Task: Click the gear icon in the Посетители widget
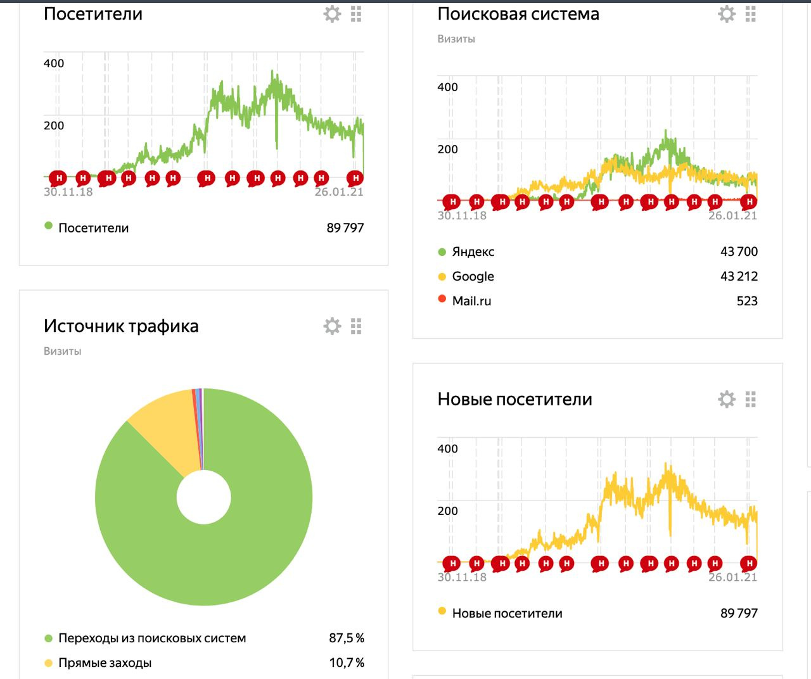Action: click(x=332, y=14)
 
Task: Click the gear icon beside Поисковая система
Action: click(x=726, y=14)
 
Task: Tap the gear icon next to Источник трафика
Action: click(x=332, y=326)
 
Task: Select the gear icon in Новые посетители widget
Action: click(x=726, y=399)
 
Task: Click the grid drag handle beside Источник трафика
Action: click(x=356, y=326)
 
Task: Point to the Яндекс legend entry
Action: click(x=473, y=252)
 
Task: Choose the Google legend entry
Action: click(x=473, y=277)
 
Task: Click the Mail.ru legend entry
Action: click(x=471, y=301)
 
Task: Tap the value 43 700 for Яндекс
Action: click(x=739, y=252)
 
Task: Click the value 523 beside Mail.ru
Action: click(x=747, y=301)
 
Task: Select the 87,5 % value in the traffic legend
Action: click(x=346, y=638)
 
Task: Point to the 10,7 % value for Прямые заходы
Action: click(x=346, y=663)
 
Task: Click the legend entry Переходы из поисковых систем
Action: click(x=152, y=638)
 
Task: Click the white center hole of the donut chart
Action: click(x=203, y=497)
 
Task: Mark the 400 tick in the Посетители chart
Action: click(x=54, y=63)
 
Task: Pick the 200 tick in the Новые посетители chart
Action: click(x=447, y=511)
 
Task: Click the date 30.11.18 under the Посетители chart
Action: click(x=68, y=192)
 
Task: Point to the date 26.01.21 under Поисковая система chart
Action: click(x=732, y=216)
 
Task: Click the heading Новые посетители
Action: click(x=514, y=400)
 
